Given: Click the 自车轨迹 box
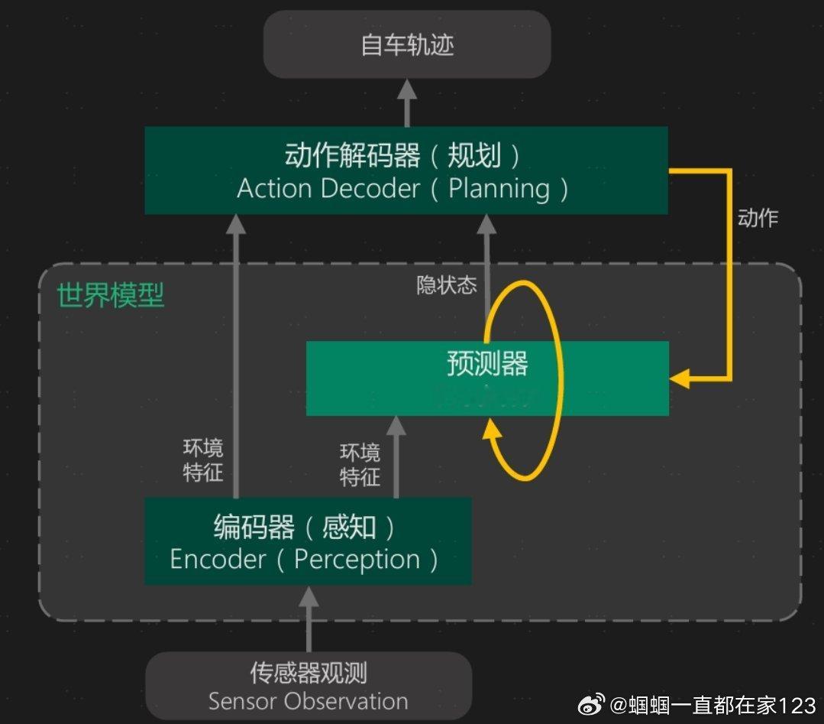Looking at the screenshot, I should [x=407, y=44].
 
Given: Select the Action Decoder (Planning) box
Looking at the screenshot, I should [x=406, y=170].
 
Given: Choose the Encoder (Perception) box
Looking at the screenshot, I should [x=307, y=541].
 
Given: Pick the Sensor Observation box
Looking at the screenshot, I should [x=308, y=686].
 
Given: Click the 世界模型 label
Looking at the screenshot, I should [x=111, y=295].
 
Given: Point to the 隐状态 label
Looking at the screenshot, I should [x=447, y=285].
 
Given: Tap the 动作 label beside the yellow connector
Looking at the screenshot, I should [x=758, y=218].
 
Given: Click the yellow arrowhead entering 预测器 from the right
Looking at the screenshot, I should [x=679, y=378].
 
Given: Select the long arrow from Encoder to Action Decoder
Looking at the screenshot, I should [x=236, y=352].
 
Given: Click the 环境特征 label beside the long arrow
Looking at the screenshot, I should [x=203, y=460].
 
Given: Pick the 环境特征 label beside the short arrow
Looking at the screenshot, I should [x=360, y=465].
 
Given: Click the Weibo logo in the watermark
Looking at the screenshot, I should [x=591, y=704].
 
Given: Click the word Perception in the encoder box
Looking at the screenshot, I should [x=357, y=560].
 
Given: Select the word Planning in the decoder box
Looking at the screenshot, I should [x=499, y=188].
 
